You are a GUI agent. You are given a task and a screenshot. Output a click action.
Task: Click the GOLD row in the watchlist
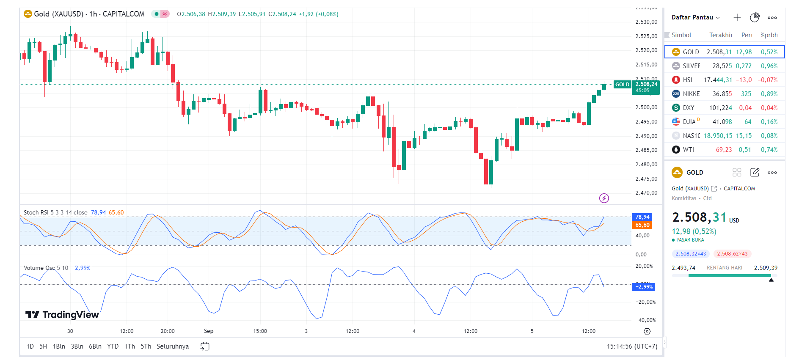(x=724, y=52)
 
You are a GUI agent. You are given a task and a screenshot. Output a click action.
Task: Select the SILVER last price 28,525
(x=722, y=66)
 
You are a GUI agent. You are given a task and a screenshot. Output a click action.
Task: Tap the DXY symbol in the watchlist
(x=689, y=108)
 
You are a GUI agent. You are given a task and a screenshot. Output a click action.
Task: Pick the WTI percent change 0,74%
(x=769, y=150)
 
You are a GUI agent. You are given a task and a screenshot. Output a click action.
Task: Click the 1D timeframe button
(x=30, y=346)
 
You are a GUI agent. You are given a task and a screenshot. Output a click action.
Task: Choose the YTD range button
(x=113, y=346)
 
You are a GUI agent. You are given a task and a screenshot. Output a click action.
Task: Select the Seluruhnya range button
(x=173, y=346)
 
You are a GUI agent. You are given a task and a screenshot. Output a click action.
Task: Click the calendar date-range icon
(x=205, y=346)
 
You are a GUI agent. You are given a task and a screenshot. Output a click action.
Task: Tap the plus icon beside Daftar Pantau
(x=737, y=17)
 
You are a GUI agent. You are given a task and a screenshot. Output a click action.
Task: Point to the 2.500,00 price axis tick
(x=646, y=107)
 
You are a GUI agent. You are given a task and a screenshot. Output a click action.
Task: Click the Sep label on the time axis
(x=209, y=331)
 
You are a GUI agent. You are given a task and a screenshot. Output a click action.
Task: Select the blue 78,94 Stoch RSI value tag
(x=642, y=217)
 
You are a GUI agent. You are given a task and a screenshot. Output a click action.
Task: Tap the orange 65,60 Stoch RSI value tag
(x=642, y=225)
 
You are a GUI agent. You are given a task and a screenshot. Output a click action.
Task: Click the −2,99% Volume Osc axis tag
(x=644, y=287)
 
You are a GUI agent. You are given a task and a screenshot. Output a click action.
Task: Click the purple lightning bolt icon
(x=604, y=198)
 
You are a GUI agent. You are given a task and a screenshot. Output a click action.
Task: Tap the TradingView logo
(x=62, y=315)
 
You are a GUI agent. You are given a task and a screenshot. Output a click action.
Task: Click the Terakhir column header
(x=720, y=35)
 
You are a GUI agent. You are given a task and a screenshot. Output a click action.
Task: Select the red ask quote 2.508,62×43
(x=732, y=254)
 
